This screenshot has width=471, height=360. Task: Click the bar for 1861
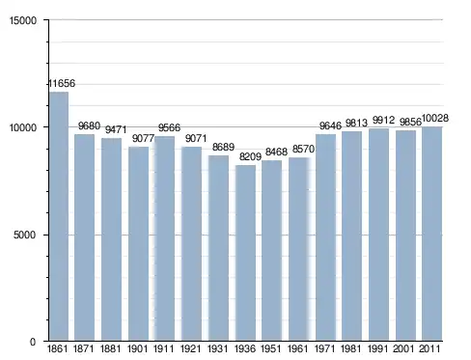tap(59, 216)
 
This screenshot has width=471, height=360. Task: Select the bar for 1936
tap(245, 253)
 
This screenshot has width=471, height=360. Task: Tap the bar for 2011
tap(432, 234)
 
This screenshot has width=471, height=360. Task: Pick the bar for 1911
tap(165, 238)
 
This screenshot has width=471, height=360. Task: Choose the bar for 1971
tap(325, 237)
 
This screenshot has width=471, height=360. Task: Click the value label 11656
tap(62, 84)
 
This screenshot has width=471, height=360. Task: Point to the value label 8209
tap(250, 157)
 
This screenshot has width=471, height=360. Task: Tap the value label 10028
tap(435, 119)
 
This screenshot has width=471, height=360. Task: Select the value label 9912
tap(383, 121)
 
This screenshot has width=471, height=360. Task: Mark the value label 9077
tap(144, 139)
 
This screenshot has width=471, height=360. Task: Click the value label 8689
tap(223, 148)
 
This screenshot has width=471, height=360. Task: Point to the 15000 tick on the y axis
tap(23, 20)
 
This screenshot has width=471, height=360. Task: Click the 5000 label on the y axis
tap(25, 235)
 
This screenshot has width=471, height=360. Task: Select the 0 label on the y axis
tap(33, 343)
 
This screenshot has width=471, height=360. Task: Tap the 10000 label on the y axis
tap(23, 127)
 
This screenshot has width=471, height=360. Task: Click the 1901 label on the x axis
tap(138, 348)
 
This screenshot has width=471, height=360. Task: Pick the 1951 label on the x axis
tap(271, 348)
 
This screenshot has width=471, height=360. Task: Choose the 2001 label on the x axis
tap(403, 348)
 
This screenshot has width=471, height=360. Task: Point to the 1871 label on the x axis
tap(84, 348)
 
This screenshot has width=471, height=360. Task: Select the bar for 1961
tap(299, 249)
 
